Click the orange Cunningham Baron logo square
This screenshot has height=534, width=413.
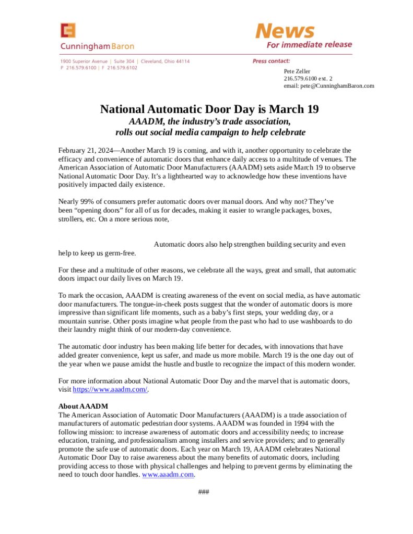pyautogui.click(x=68, y=31)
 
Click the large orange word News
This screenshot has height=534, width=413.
pyautogui.click(x=285, y=31)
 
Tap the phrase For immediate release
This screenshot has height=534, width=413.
pyautogui.click(x=309, y=45)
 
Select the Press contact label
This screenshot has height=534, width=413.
pyautogui.click(x=271, y=62)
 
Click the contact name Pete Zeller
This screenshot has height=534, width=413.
pyautogui.click(x=297, y=71)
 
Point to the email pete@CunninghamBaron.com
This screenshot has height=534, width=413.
pyautogui.click(x=329, y=86)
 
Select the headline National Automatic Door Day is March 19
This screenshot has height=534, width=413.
pyautogui.click(x=209, y=110)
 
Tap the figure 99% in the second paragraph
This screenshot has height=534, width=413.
pyautogui.click(x=87, y=200)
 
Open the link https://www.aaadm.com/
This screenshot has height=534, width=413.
pyautogui.click(x=111, y=390)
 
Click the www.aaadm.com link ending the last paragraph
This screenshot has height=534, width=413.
pyautogui.click(x=168, y=475)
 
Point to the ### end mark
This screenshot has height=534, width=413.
pyautogui.click(x=204, y=492)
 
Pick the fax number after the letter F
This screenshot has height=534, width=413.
pyautogui.click(x=122, y=68)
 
